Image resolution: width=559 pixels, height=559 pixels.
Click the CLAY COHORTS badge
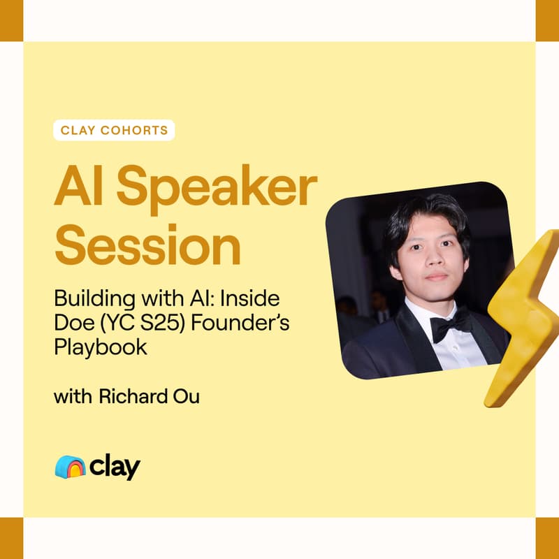coord(113,130)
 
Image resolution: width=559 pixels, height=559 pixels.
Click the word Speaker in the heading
coord(217,188)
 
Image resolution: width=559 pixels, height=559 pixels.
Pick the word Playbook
coord(101,347)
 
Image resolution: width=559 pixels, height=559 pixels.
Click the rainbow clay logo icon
coord(70,467)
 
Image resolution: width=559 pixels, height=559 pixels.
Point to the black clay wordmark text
coord(115,467)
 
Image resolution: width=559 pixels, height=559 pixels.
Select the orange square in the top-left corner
coord(11,20)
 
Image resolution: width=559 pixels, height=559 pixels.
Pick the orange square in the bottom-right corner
coord(547,538)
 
